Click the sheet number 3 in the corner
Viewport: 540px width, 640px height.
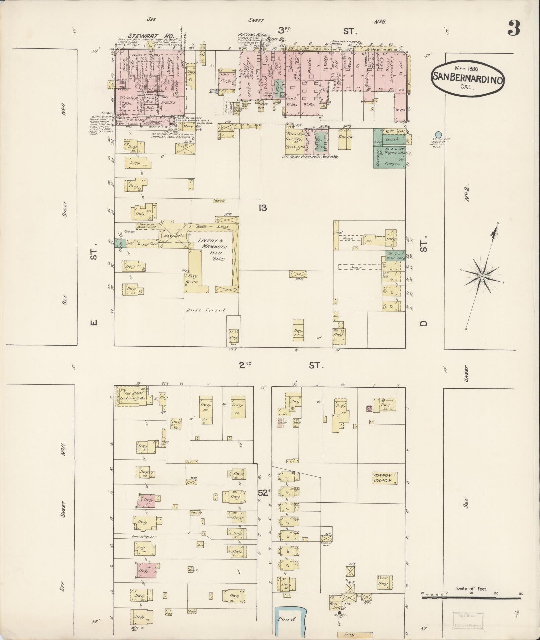[x=513, y=28]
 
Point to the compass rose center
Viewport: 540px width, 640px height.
[x=482, y=276]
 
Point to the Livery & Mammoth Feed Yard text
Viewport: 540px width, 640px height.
[x=212, y=250]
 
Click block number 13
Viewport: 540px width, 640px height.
[x=262, y=208]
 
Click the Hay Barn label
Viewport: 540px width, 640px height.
[x=192, y=279]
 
